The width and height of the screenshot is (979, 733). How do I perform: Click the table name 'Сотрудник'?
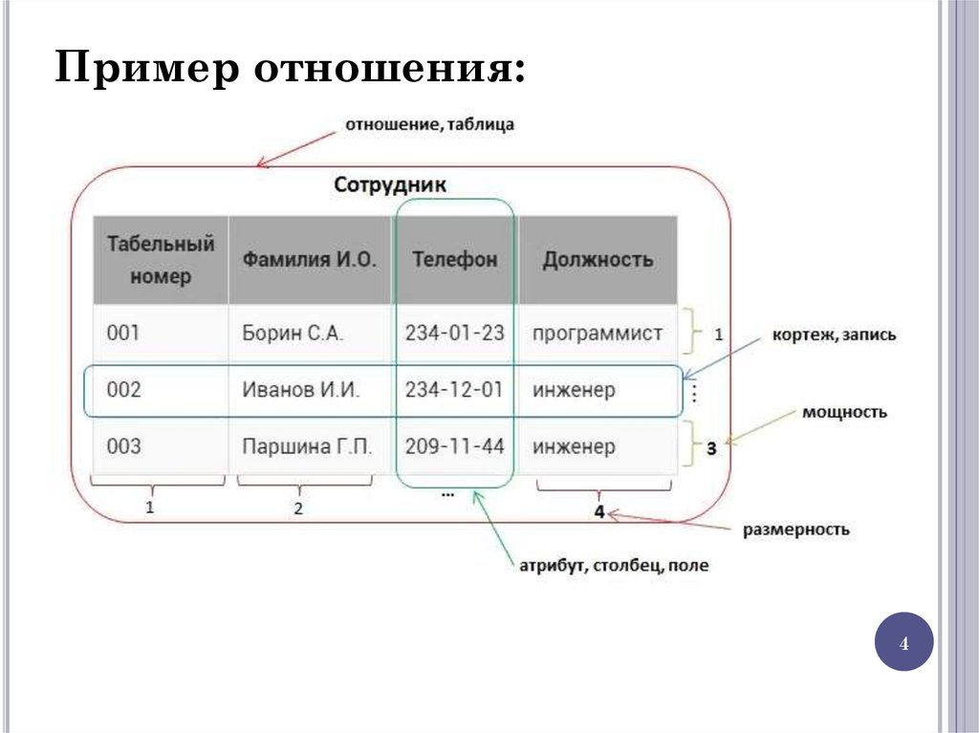tap(390, 184)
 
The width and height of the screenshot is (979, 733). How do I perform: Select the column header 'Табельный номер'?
tap(161, 260)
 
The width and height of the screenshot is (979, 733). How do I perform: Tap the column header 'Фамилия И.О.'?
tap(309, 259)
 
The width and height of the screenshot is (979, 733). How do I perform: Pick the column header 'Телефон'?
tap(455, 259)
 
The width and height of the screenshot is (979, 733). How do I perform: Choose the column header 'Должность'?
tap(598, 259)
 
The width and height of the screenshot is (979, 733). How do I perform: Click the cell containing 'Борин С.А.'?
tap(292, 334)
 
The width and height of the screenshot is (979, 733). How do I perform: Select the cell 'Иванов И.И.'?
tap(300, 390)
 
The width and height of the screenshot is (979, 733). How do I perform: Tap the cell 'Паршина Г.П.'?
tap(306, 446)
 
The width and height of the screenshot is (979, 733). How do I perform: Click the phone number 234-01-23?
tap(454, 334)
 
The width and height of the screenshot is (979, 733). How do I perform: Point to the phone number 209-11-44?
tap(454, 446)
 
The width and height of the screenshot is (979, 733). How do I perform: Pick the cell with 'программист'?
tap(597, 334)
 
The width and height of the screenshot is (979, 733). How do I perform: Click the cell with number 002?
tap(123, 390)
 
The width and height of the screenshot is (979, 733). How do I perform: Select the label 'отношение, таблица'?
tap(430, 125)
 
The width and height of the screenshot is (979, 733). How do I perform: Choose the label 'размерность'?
tap(796, 529)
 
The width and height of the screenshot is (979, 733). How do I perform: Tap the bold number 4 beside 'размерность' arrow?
tap(598, 512)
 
